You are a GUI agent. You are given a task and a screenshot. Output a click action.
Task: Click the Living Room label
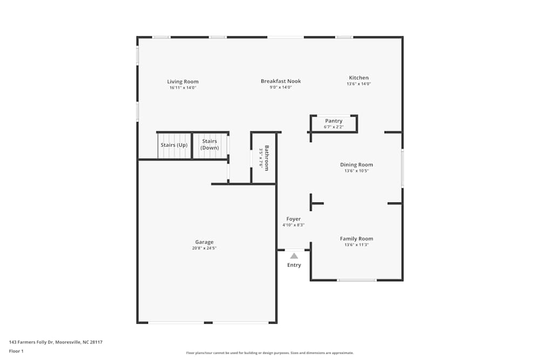pos(183,81)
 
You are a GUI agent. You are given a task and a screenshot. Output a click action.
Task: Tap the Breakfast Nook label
pos(281,81)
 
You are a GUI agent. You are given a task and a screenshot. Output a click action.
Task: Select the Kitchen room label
pos(359,78)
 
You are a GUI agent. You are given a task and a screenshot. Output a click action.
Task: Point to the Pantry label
pos(334,121)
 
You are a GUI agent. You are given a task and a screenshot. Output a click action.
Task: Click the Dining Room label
pos(356,165)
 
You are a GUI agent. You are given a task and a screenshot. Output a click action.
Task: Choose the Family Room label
pos(356,239)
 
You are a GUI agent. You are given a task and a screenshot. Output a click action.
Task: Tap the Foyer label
pos(293,219)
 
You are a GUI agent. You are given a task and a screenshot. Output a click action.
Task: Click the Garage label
pos(204,242)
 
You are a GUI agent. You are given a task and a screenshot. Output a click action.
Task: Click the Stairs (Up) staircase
pos(174,146)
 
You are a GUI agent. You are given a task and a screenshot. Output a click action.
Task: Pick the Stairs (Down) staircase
pos(210,145)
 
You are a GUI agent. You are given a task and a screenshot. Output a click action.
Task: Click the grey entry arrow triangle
pos(294,255)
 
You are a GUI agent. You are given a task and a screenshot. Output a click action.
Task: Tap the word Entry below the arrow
pos(294,265)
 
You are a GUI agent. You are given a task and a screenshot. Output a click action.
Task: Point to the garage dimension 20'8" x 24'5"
pos(204,248)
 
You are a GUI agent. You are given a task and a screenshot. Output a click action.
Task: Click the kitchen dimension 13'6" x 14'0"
pos(359,84)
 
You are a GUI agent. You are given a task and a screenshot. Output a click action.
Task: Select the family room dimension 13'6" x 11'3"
pos(356,245)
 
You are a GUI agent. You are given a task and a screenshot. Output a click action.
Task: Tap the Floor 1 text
pos(16,351)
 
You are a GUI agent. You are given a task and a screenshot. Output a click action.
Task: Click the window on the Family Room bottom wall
pos(356,280)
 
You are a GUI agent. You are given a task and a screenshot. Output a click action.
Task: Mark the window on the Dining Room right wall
pos(402,168)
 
